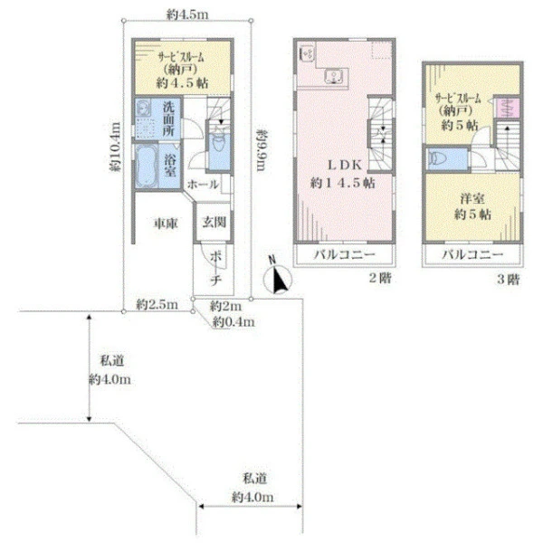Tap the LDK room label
tap(344, 173)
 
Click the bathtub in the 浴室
tap(148, 166)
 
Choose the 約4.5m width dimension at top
tap(187, 14)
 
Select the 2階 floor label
tap(379, 279)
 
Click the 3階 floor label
tap(508, 279)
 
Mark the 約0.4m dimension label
tap(233, 321)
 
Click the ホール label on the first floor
tap(203, 185)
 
